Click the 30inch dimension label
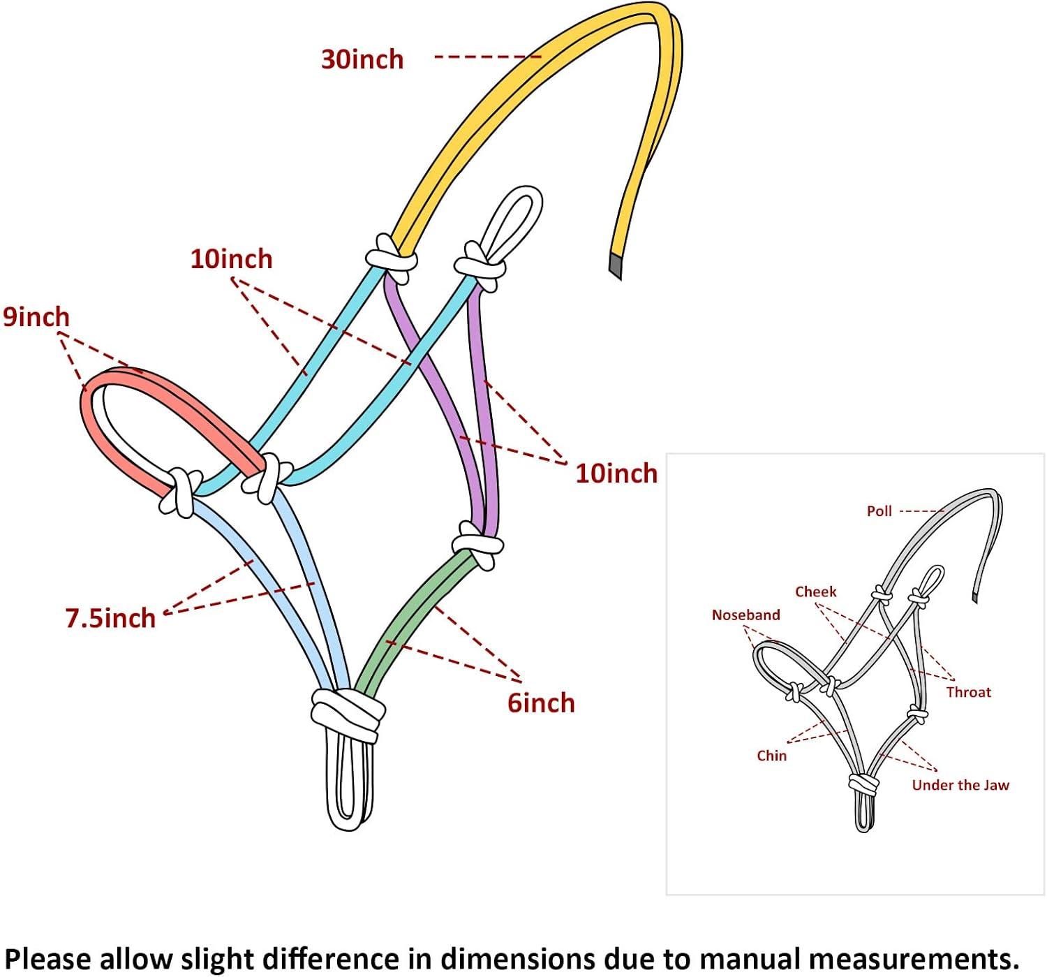pyautogui.click(x=362, y=59)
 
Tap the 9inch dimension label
pyautogui.click(x=36, y=317)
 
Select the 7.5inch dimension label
pyautogui.click(x=110, y=618)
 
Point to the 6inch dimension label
pyautogui.click(x=541, y=703)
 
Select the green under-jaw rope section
pyautogui.click(x=412, y=615)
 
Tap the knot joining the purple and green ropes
pyautogui.click(x=477, y=545)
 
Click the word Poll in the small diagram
pyautogui.click(x=879, y=511)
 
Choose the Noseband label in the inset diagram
pyautogui.click(x=745, y=615)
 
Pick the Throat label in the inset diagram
pyautogui.click(x=968, y=692)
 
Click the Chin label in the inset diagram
pyautogui.click(x=771, y=756)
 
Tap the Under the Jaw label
pyautogui.click(x=960, y=785)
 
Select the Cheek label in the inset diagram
pyautogui.click(x=815, y=592)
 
